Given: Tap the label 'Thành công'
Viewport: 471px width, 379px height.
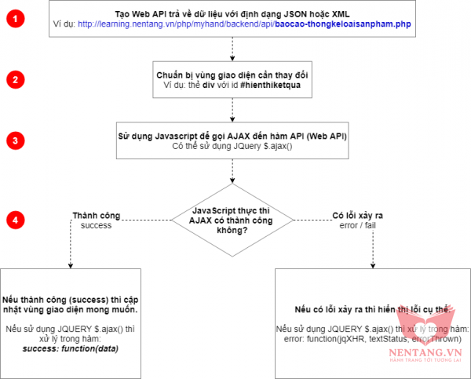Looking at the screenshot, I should pyautogui.click(x=96, y=214).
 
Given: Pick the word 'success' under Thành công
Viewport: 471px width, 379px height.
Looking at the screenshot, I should pyautogui.click(x=96, y=225).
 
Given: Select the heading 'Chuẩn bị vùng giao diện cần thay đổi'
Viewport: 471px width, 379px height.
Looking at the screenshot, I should pyautogui.click(x=232, y=74).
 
